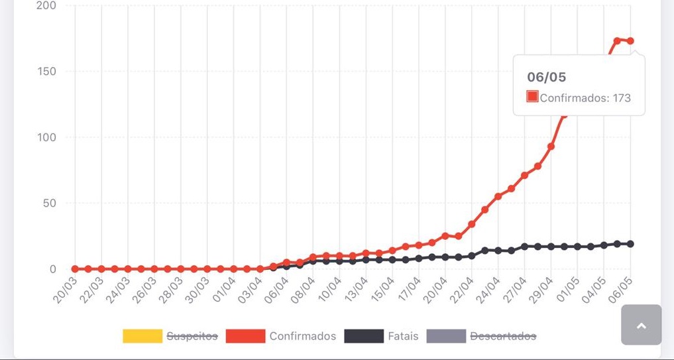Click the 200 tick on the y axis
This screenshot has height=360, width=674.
click(46, 6)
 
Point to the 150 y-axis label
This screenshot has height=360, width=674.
click(46, 72)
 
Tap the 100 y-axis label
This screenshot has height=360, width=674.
click(46, 137)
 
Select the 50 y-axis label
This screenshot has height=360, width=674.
click(50, 203)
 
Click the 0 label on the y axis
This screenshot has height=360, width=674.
click(53, 269)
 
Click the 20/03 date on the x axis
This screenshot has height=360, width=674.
click(66, 290)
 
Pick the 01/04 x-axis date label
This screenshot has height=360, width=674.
click(225, 290)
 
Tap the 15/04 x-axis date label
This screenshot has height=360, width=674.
click(383, 290)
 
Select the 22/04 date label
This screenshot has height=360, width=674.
click(462, 290)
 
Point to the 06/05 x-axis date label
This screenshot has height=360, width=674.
click(621, 290)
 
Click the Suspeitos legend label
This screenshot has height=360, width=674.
click(192, 336)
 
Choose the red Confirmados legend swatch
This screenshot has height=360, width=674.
click(245, 336)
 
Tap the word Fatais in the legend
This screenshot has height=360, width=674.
click(403, 336)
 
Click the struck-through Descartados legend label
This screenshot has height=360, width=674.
click(503, 336)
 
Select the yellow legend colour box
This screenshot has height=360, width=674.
click(142, 336)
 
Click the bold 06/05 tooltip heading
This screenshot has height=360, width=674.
click(547, 78)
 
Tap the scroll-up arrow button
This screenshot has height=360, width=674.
click(641, 325)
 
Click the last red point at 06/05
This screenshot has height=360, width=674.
click(630, 41)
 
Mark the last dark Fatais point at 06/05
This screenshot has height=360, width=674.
click(630, 244)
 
